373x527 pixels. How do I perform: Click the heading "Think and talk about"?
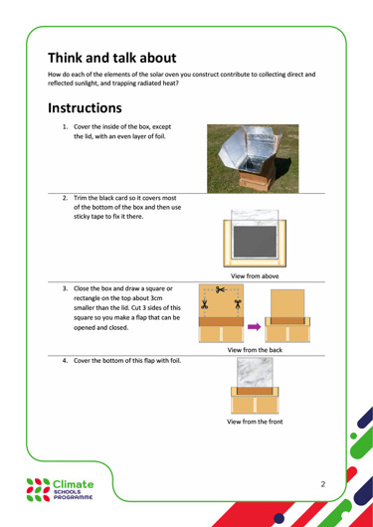(x=112, y=58)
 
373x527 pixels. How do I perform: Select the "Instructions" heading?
(x=85, y=108)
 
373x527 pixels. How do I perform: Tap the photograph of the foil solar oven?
(x=253, y=159)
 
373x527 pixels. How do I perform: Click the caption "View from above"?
(x=255, y=276)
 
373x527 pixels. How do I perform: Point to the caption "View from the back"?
(x=255, y=350)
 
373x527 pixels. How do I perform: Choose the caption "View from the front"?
(x=255, y=422)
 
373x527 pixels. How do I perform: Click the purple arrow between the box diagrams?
(x=255, y=327)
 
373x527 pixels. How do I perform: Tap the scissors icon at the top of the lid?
(x=221, y=289)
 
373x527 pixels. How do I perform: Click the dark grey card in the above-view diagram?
(x=255, y=242)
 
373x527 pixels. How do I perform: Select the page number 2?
(x=323, y=484)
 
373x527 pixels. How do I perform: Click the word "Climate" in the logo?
(x=74, y=484)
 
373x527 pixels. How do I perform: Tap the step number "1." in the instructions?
(x=66, y=127)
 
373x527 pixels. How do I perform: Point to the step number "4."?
(x=66, y=361)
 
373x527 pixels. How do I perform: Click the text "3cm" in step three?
(x=167, y=298)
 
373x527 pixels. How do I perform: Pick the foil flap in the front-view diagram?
(x=255, y=373)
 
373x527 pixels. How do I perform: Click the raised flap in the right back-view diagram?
(x=287, y=303)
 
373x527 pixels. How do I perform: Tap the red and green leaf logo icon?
(x=38, y=489)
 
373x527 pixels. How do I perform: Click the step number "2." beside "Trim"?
(x=66, y=198)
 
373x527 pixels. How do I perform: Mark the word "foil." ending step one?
(x=160, y=137)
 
